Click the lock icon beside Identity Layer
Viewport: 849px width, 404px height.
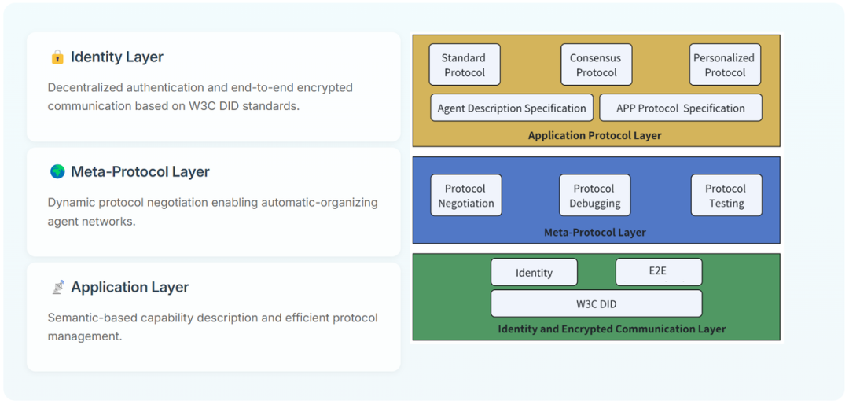pos(57,57)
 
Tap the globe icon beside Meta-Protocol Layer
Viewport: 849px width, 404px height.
pos(57,171)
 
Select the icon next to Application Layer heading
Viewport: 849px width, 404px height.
pos(57,287)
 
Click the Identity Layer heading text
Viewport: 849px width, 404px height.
pos(117,57)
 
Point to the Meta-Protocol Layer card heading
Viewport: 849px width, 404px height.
pos(140,171)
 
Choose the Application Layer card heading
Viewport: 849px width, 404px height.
pos(130,287)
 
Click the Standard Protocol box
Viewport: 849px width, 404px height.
pos(464,64)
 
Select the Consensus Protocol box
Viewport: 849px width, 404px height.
pos(596,64)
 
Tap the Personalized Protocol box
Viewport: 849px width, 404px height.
pos(725,64)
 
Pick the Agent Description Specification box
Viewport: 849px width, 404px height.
pos(511,108)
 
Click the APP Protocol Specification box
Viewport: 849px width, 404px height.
pos(681,108)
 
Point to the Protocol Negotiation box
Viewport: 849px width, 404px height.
pos(466,195)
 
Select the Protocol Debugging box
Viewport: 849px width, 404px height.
pos(594,195)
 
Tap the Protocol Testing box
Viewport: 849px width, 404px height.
pos(726,195)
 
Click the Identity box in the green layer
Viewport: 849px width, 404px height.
pos(534,272)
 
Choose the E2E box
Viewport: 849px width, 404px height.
pos(658,272)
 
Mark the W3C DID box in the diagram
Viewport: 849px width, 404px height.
pos(596,303)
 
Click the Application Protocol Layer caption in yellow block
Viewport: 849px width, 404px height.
pos(594,135)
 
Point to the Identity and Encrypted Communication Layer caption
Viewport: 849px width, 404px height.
pos(612,329)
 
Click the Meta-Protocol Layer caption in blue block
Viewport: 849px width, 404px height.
pos(594,232)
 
